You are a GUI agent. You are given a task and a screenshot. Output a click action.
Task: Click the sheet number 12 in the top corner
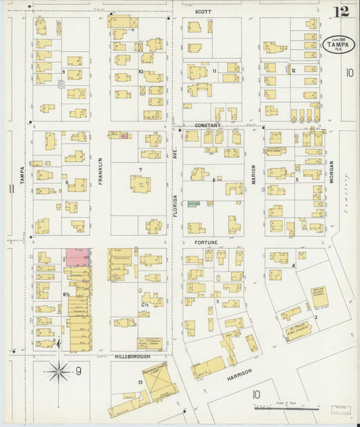tap(341, 11)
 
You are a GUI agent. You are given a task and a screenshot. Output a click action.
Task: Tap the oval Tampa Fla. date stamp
tap(338, 45)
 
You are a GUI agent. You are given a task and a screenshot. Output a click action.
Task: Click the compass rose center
tap(59, 371)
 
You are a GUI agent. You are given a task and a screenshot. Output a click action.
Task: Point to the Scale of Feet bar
tap(286, 408)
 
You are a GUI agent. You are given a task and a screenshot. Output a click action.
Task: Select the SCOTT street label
tap(203, 12)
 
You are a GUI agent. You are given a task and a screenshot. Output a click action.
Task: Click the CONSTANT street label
tap(207, 126)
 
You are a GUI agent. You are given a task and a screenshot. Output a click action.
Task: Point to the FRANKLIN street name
tap(99, 172)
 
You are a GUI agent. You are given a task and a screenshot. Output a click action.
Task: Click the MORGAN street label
tap(332, 174)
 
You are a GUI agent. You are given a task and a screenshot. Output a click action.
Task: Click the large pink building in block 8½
tap(77, 257)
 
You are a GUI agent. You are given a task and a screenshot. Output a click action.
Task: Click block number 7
tap(140, 170)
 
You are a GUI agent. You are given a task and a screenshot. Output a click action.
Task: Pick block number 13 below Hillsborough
tap(122, 382)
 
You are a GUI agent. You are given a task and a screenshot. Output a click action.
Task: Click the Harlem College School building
tap(319, 296)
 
